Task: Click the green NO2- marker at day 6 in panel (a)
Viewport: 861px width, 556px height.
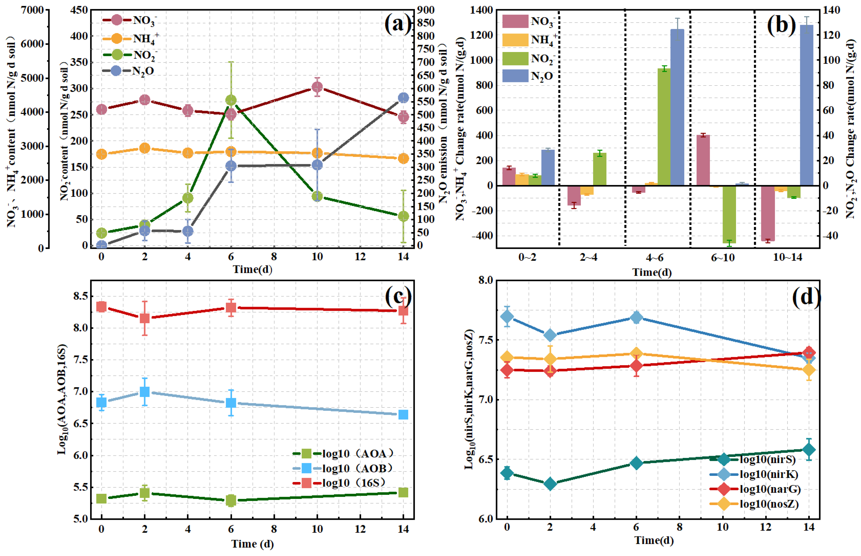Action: [231, 100]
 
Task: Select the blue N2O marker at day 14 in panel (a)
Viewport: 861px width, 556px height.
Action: [403, 98]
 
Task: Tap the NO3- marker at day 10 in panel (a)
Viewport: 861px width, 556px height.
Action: [317, 87]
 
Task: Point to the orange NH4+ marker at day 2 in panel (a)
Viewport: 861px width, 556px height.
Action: [145, 148]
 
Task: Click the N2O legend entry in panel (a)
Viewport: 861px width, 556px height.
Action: [128, 71]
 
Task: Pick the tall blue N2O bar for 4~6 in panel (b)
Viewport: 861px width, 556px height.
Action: [677, 107]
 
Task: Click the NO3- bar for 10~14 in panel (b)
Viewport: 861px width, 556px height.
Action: [768, 213]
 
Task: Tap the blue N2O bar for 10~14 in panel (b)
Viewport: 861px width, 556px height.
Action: [807, 105]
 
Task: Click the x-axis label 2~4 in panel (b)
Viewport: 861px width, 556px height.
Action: [589, 257]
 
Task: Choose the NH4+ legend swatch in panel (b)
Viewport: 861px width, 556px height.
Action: [515, 40]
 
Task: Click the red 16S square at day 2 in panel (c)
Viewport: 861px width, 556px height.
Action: [145, 318]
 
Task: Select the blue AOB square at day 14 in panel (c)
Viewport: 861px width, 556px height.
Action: [403, 414]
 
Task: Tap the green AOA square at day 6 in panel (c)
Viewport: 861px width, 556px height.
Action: [231, 501]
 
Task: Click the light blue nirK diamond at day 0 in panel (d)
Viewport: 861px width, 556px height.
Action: [507, 317]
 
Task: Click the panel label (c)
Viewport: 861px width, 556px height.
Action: [398, 296]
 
